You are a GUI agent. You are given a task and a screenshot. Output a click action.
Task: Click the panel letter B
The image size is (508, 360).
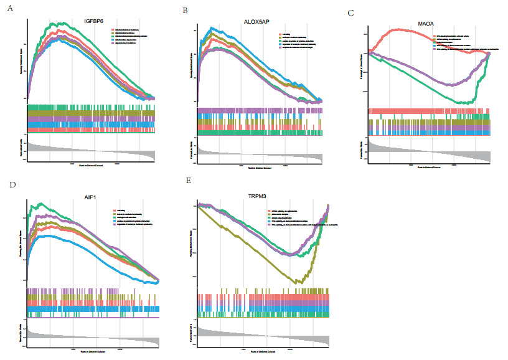[185, 11]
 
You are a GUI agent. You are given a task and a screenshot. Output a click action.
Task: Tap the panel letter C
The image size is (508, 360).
[351, 12]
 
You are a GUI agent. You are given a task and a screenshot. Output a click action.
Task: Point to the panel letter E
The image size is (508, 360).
[188, 181]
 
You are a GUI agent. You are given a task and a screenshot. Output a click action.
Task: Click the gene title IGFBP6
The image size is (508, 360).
[95, 22]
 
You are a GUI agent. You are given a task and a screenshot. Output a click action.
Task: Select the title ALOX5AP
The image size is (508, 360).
[258, 22]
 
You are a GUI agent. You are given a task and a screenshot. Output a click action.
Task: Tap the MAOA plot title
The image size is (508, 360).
[427, 25]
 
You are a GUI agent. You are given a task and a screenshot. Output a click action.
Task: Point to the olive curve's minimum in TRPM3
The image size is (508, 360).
[301, 283]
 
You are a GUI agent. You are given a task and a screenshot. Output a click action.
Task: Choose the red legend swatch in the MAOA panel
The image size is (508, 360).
[436, 36]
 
